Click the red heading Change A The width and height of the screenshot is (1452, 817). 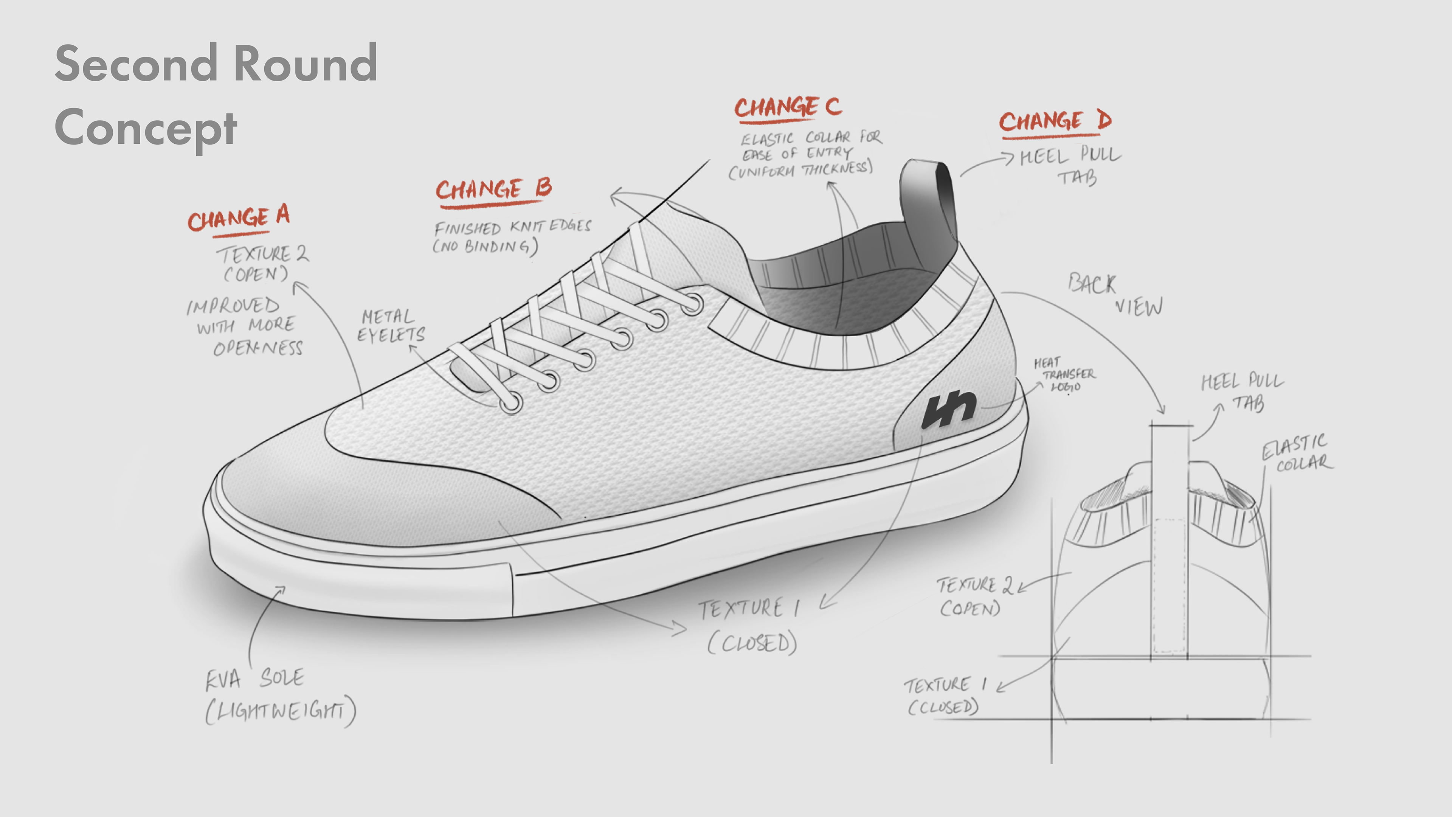click(x=239, y=218)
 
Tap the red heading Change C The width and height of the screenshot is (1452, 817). click(x=787, y=107)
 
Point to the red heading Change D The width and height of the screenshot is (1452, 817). click(x=1055, y=121)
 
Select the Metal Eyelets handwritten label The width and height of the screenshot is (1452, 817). click(x=391, y=326)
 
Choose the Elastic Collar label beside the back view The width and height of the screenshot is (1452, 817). click(x=1297, y=454)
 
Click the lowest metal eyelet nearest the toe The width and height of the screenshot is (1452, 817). click(x=511, y=403)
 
